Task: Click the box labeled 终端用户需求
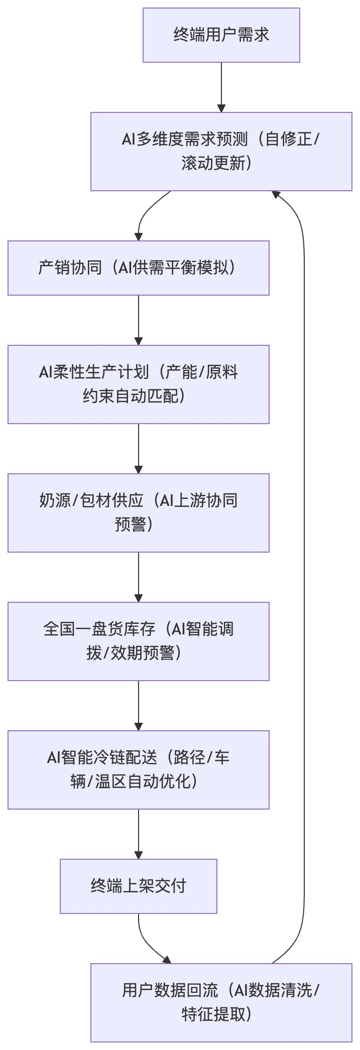221,35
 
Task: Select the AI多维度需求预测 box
221,151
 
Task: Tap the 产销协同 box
138,268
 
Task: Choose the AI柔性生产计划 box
138,384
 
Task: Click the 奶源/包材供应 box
138,512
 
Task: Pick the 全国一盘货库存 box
138,641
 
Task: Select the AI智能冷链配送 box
138,769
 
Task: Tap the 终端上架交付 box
138,886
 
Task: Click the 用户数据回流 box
221,1002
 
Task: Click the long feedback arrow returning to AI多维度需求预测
304,577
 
